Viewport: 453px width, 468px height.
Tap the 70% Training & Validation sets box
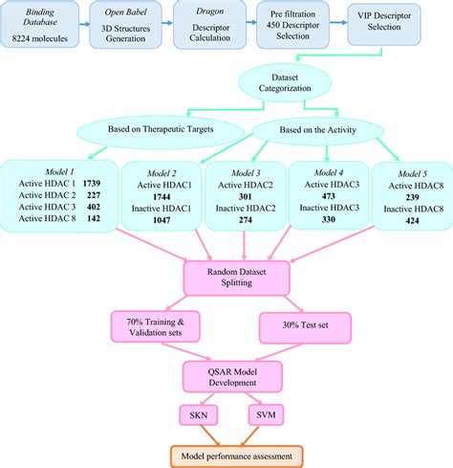[155, 326]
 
